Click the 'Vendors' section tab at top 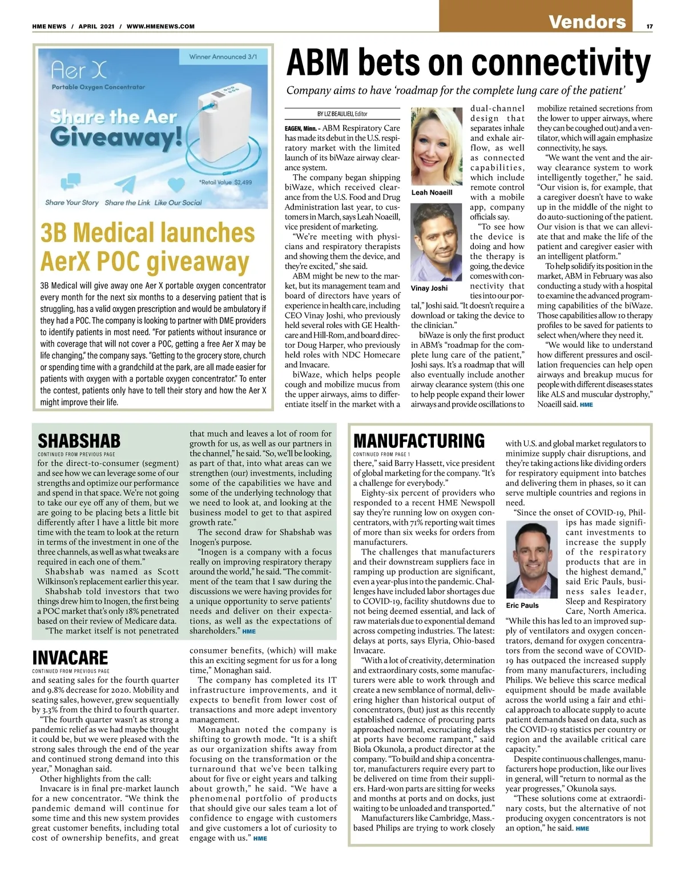(x=587, y=22)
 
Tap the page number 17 (x=650, y=26)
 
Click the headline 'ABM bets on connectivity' (x=468, y=63)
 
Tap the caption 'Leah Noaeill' (x=432, y=192)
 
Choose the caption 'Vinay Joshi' (x=429, y=288)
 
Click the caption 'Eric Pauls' (x=522, y=605)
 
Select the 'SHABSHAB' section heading (x=79, y=441)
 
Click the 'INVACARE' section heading (x=70, y=657)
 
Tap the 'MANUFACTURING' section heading (x=419, y=441)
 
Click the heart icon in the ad (x=178, y=184)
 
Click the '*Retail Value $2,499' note (x=225, y=182)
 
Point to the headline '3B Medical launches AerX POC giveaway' (x=147, y=247)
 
